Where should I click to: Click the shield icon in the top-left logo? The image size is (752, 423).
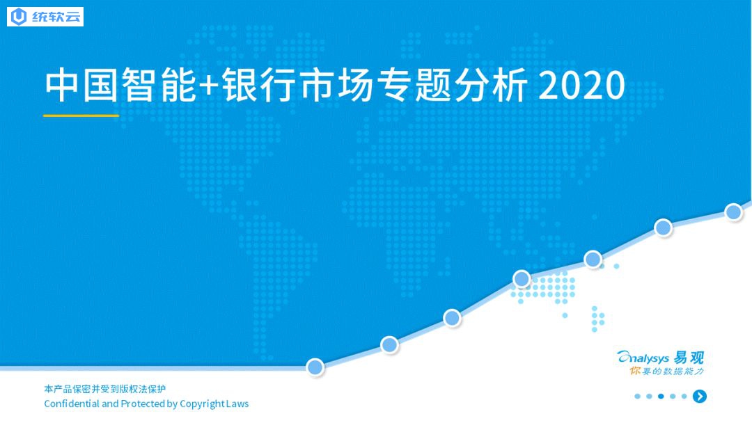(x=19, y=17)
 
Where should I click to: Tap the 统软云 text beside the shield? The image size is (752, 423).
(x=56, y=17)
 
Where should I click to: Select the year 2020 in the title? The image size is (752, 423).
(x=582, y=86)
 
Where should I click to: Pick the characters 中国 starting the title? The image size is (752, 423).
(x=81, y=86)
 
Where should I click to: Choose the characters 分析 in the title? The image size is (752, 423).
(x=491, y=86)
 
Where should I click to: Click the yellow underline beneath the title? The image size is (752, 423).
(x=81, y=115)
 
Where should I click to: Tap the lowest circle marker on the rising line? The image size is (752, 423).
(x=315, y=367)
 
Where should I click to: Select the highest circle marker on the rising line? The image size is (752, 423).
(x=734, y=211)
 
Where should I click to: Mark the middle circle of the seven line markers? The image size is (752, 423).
(x=522, y=278)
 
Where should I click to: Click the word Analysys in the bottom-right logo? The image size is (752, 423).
(x=643, y=358)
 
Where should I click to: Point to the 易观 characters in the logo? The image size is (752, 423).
(x=689, y=358)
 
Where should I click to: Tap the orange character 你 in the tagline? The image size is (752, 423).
(x=636, y=371)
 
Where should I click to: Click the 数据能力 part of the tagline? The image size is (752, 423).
(x=683, y=372)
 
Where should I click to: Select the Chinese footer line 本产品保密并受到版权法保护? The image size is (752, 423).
(x=105, y=389)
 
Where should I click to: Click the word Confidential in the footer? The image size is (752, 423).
(x=72, y=404)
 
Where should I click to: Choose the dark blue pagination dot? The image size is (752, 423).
(x=661, y=396)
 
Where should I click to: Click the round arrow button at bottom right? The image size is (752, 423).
(x=700, y=396)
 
